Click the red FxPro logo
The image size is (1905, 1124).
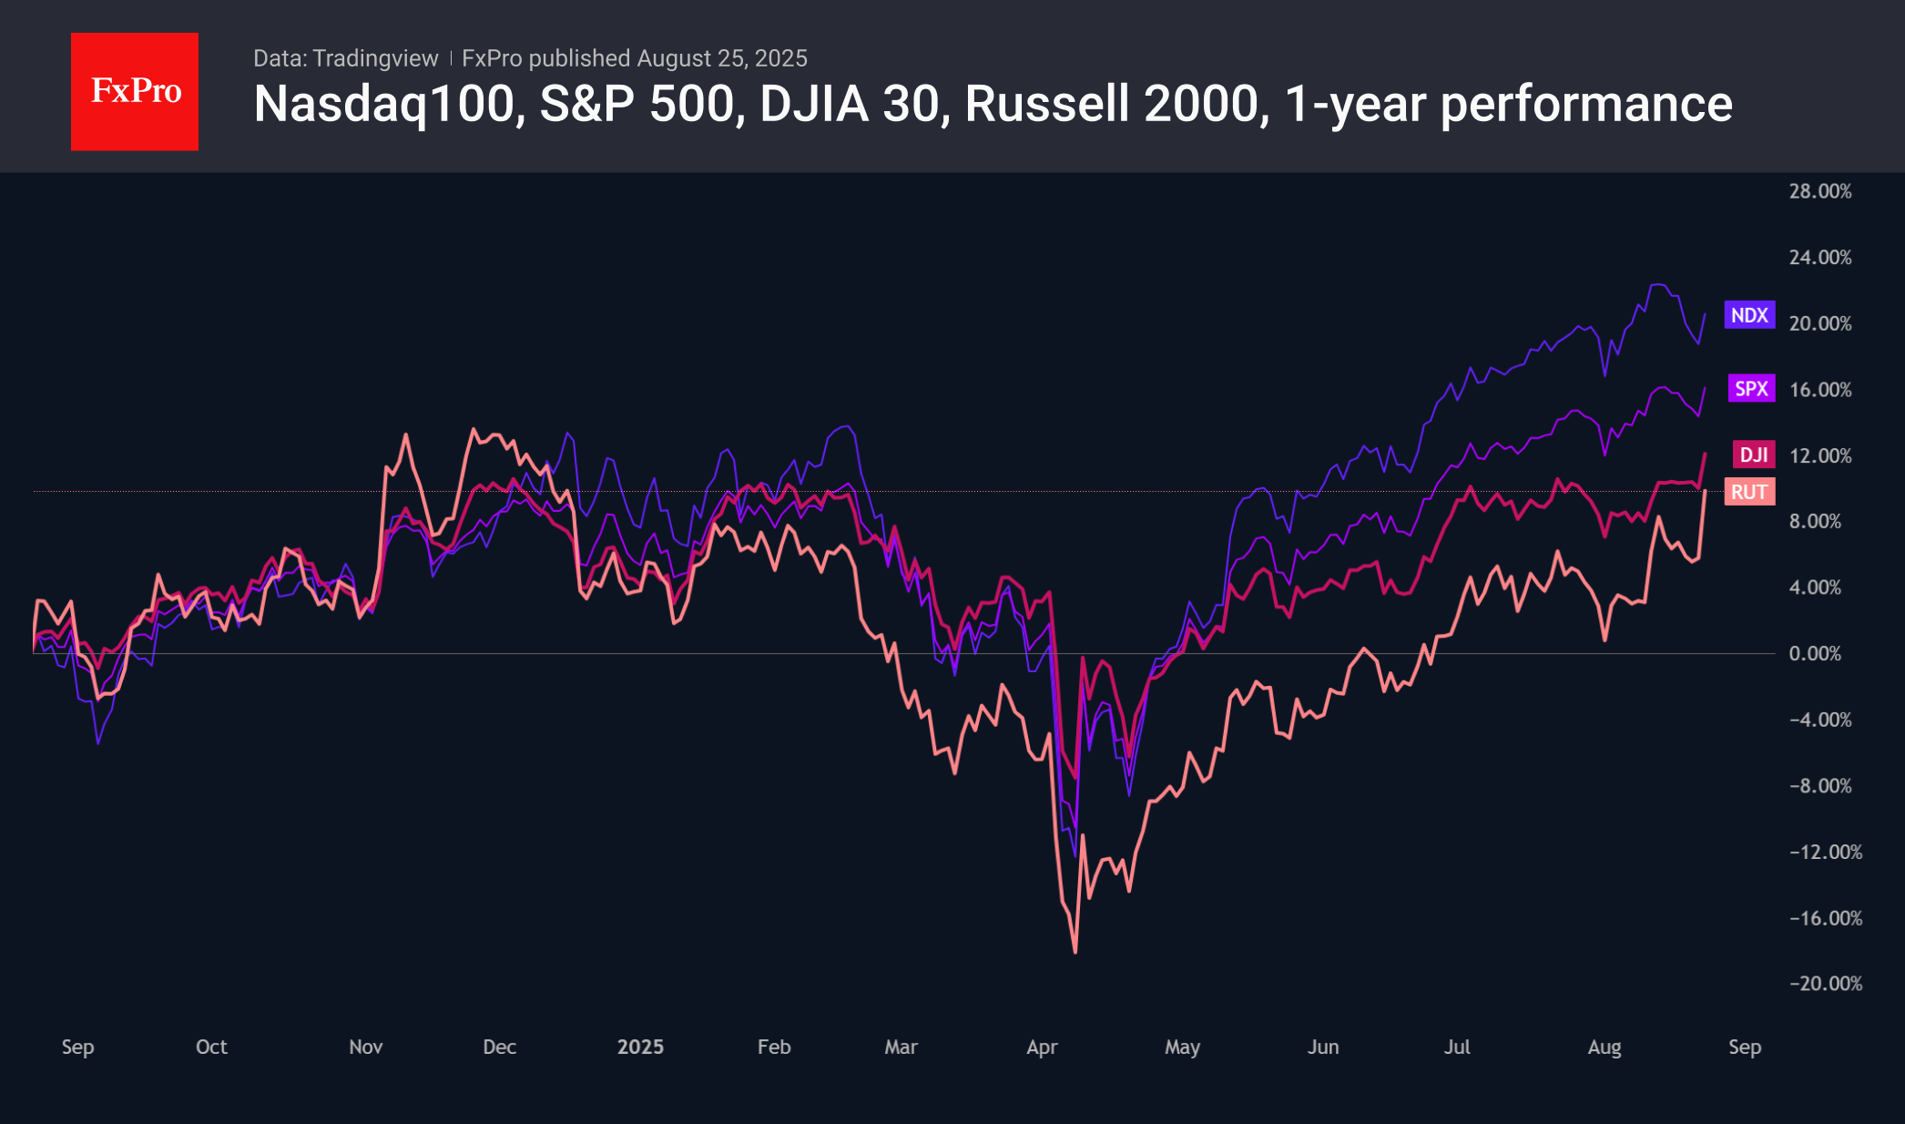[x=135, y=91]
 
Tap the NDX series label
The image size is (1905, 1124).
[x=1748, y=315]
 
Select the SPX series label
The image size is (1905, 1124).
[x=1750, y=389]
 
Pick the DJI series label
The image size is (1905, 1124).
[x=1753, y=455]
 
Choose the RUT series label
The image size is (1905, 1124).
[x=1748, y=492]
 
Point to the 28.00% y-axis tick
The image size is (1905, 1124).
[x=1819, y=191]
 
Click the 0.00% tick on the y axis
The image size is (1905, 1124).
[x=1814, y=653]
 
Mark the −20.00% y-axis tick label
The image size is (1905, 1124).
[x=1825, y=984]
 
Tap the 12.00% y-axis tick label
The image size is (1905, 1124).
[x=1819, y=455]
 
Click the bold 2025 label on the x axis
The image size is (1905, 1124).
[x=640, y=1047]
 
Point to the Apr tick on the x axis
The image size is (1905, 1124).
[x=1042, y=1047]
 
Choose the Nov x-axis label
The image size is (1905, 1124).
[x=365, y=1047]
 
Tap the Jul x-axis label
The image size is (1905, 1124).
[x=1456, y=1047]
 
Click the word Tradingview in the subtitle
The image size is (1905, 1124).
[x=375, y=58]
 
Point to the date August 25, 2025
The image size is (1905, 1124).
[x=721, y=58]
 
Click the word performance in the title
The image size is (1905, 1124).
[x=1586, y=105]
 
